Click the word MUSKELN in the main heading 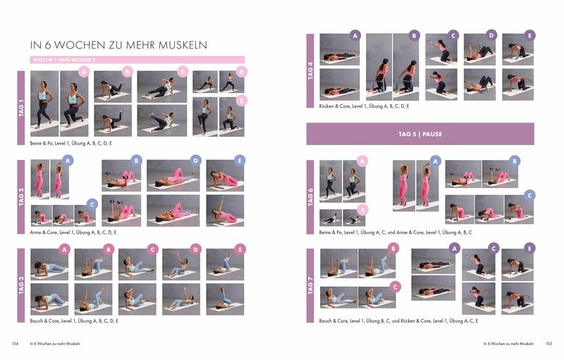[183, 45]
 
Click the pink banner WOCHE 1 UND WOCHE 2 [137, 60]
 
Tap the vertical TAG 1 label [21, 108]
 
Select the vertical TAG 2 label [21, 197]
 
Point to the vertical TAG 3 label [21, 285]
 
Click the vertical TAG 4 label [310, 70]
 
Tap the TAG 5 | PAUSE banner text [420, 134]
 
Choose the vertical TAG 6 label [310, 197]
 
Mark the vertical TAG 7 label [310, 285]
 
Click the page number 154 [15, 344]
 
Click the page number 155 [549, 344]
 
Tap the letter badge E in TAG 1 [241, 101]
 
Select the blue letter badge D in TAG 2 [195, 161]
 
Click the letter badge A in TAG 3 [64, 249]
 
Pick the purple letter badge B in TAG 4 [414, 36]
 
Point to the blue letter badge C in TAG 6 [529, 195]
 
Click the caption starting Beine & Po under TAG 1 [71, 143]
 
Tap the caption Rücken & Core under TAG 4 [364, 106]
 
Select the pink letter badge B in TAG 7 [393, 248]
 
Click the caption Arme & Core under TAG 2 [73, 232]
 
